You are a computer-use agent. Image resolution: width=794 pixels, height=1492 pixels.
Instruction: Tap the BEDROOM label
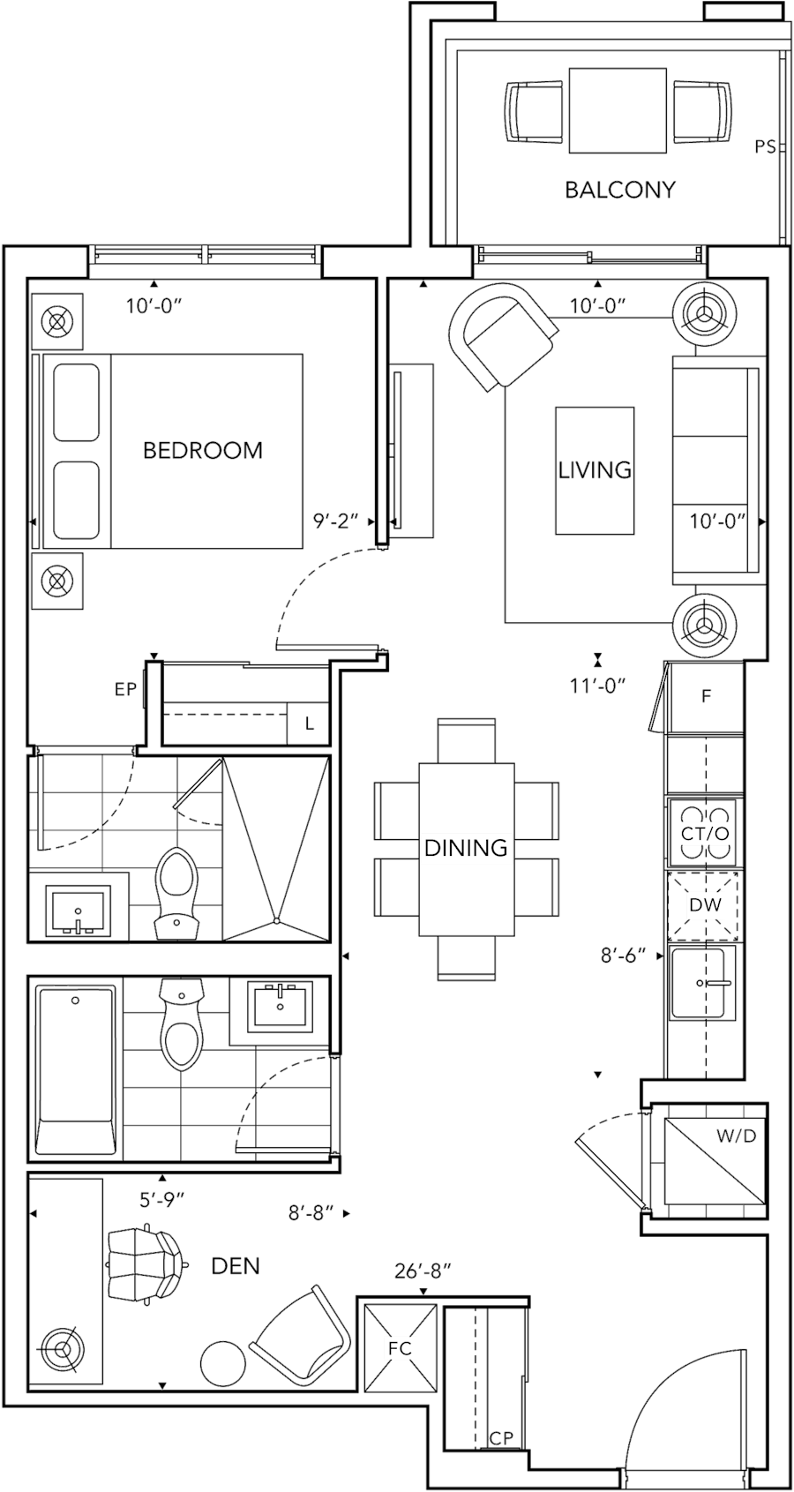point(203,451)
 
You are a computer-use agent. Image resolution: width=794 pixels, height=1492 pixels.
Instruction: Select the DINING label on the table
point(466,848)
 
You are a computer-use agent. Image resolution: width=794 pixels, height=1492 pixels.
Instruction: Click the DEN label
point(235,1266)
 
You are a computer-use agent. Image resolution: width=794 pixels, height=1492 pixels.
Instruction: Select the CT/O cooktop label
point(704,835)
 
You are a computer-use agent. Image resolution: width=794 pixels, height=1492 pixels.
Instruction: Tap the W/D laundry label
point(735,1136)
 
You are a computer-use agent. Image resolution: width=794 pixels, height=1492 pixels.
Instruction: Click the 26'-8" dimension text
point(423,1271)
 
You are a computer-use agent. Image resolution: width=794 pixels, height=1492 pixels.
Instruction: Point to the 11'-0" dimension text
point(597,686)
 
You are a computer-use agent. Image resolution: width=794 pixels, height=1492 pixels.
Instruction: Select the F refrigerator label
point(706,697)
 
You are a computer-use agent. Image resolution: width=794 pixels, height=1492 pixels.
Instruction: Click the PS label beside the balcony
point(765,147)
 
